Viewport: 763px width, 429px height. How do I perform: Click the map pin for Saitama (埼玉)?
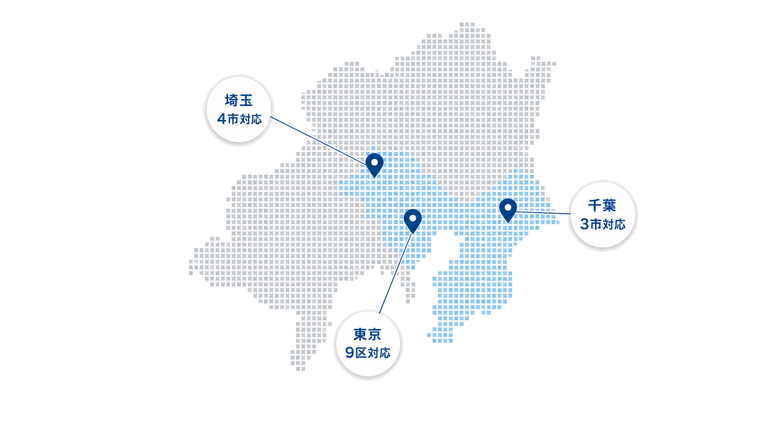[x=374, y=165]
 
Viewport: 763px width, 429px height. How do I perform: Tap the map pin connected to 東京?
[x=413, y=221]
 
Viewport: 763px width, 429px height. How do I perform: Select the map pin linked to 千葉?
[x=508, y=210]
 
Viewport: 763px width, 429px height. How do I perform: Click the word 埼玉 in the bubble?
[x=239, y=100]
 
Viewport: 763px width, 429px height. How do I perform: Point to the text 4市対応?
[x=240, y=119]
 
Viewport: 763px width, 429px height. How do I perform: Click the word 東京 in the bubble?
[x=367, y=335]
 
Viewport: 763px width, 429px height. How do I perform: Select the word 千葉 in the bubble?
[x=602, y=206]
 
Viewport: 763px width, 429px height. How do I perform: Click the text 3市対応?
[x=603, y=224]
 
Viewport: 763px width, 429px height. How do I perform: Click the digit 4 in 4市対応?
[x=221, y=119]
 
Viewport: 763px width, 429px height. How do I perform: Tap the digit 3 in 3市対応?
[x=585, y=224]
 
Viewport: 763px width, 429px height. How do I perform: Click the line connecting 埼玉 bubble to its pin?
[x=319, y=141]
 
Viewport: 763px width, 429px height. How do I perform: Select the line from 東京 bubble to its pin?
[x=396, y=273]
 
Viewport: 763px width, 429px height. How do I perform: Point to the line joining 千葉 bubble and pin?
[x=543, y=213]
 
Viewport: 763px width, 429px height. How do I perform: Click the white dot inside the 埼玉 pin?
[x=374, y=162]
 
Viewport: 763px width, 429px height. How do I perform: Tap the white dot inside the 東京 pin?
[x=413, y=218]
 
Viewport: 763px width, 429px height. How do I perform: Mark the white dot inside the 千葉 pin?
[x=508, y=207]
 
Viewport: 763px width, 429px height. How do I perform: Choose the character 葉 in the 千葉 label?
[x=609, y=206]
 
